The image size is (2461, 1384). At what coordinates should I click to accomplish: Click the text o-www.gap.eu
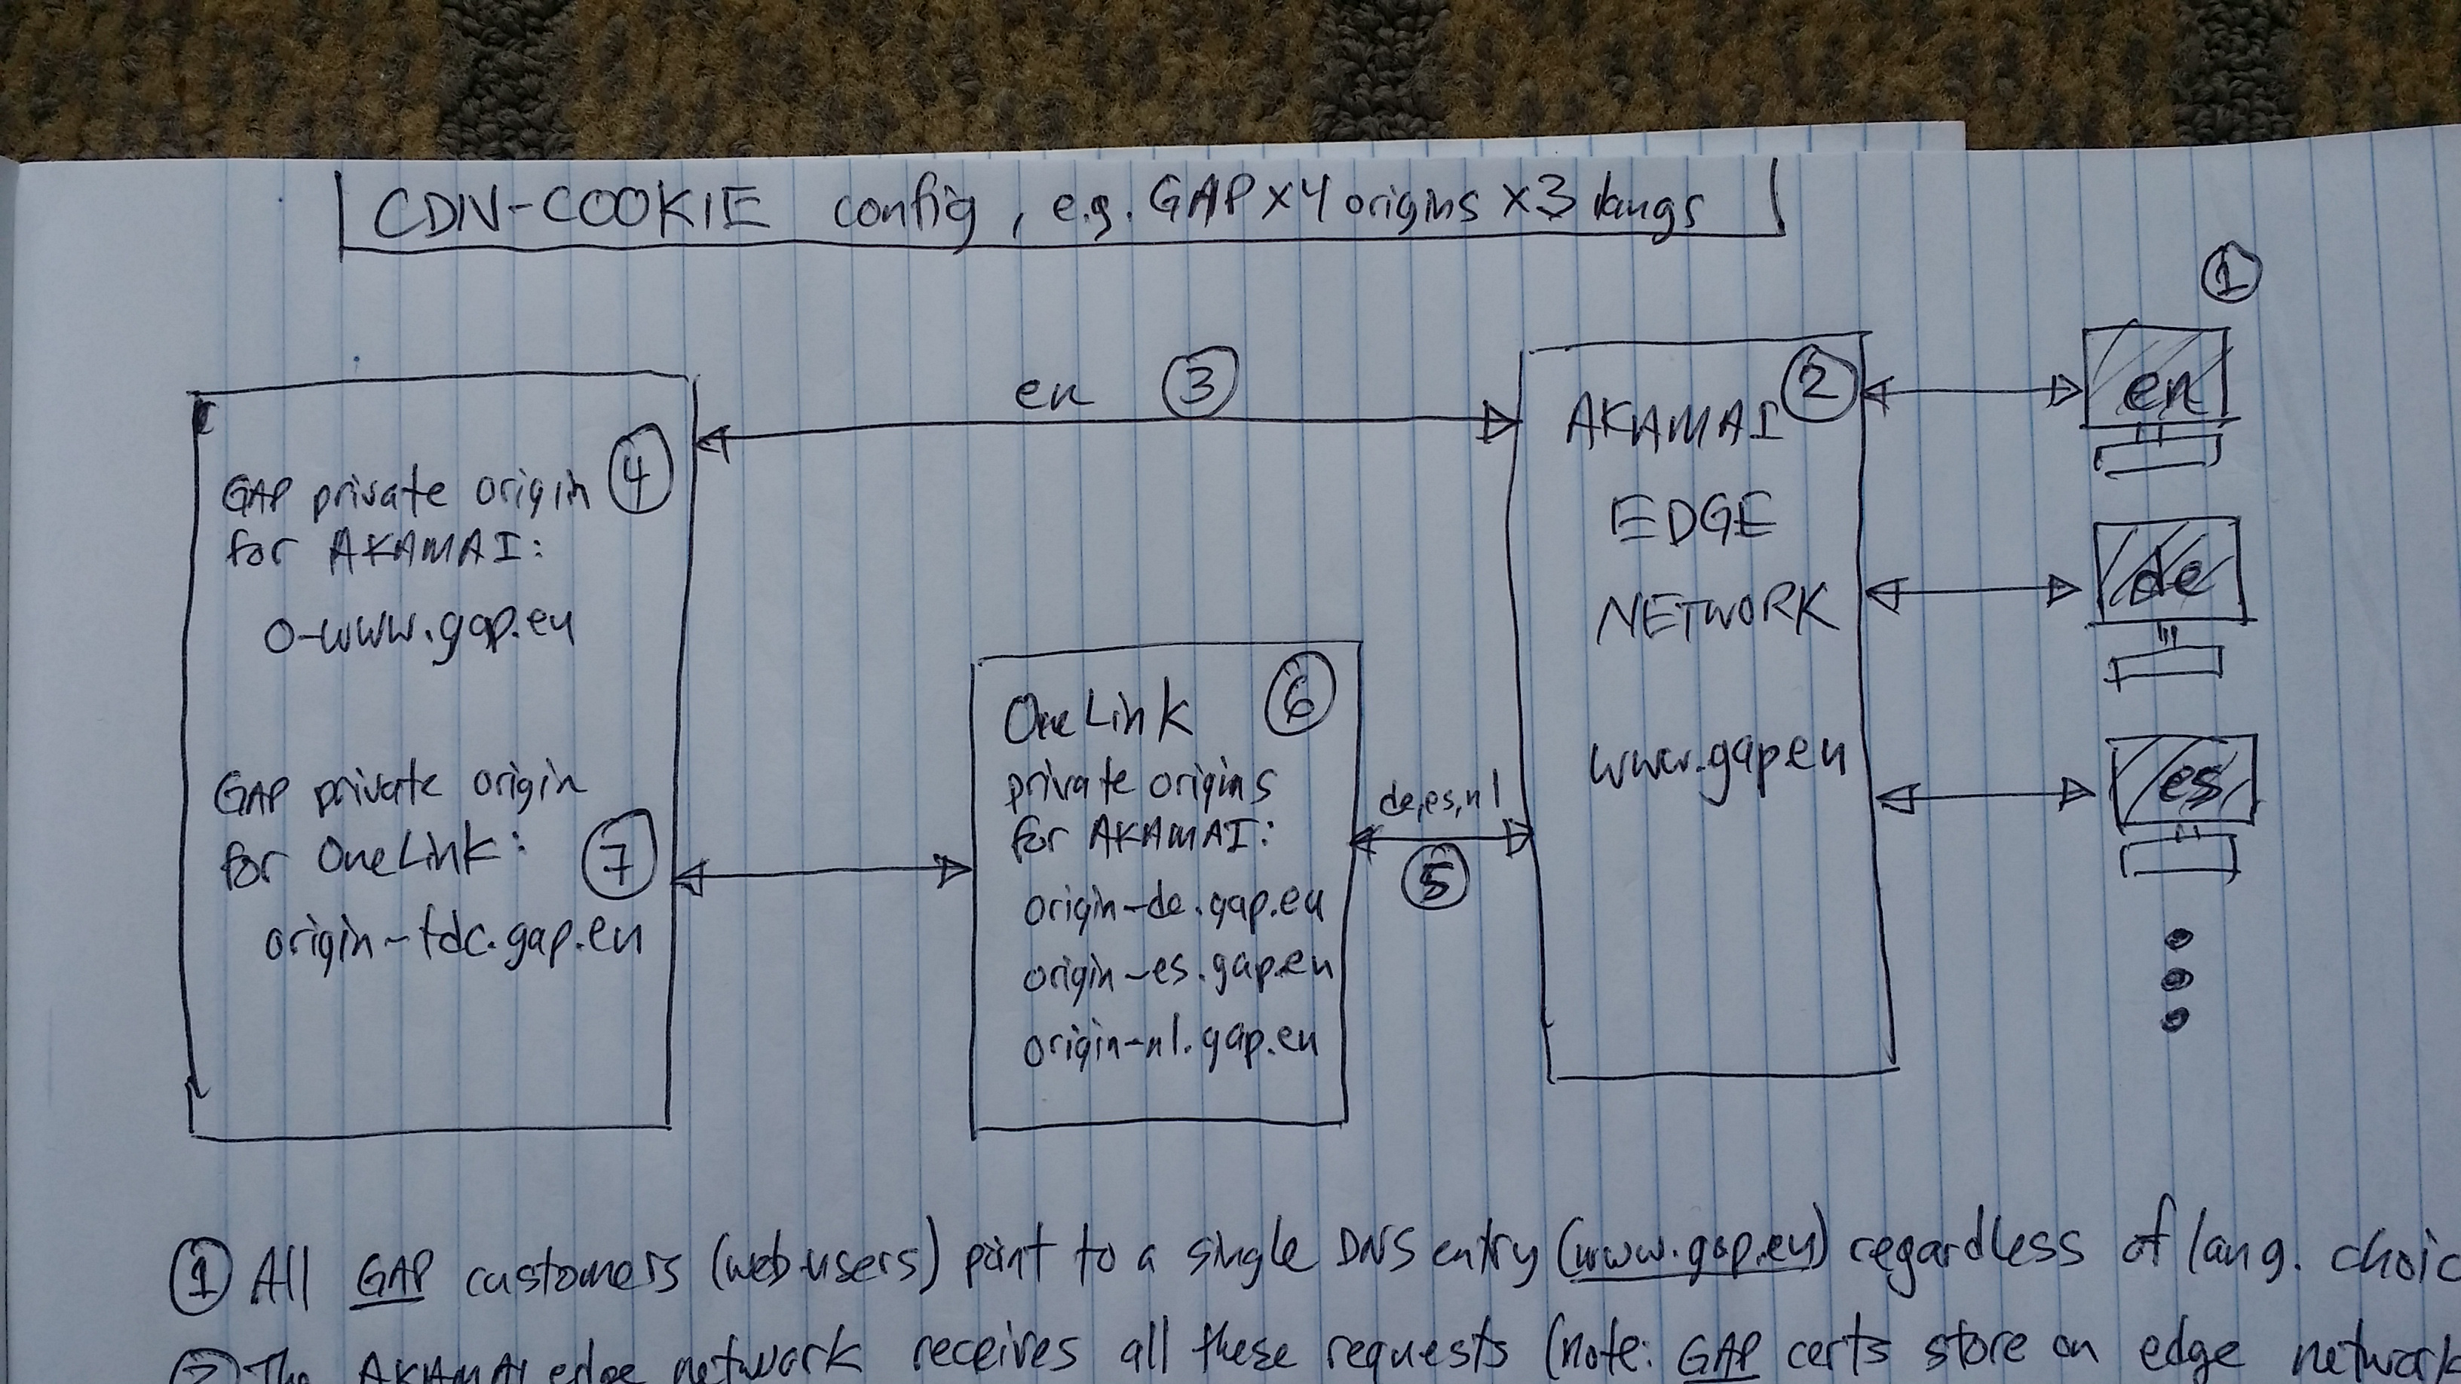418,630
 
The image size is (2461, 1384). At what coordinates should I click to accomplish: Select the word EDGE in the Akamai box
1692,522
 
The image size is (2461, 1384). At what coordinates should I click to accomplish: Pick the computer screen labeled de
2165,572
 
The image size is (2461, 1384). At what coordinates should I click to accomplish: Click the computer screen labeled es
2180,782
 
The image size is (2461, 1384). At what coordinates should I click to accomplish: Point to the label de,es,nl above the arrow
1439,805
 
